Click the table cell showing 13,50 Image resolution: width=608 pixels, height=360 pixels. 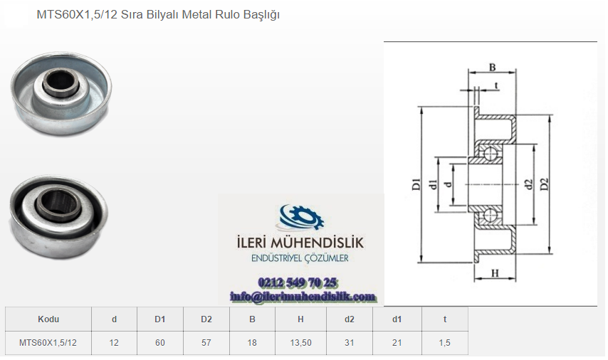(x=300, y=343)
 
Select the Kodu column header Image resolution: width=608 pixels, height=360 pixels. (x=48, y=319)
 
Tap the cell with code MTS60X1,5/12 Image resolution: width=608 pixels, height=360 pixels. (x=48, y=343)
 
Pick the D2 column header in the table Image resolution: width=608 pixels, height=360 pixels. (x=206, y=319)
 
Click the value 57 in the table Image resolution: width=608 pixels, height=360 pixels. (x=206, y=343)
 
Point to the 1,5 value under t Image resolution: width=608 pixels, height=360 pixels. (x=445, y=343)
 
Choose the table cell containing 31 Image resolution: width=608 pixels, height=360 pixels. (x=350, y=343)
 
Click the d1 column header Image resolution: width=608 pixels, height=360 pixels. (x=397, y=319)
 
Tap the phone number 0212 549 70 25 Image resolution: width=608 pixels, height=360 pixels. (x=298, y=282)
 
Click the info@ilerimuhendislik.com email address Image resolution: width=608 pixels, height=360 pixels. (x=303, y=297)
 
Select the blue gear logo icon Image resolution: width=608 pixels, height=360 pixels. (x=302, y=218)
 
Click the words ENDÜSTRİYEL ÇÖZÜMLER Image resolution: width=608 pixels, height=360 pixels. (x=300, y=258)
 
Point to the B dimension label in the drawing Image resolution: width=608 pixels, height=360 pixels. (x=492, y=68)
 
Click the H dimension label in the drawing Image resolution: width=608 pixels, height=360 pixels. (x=495, y=274)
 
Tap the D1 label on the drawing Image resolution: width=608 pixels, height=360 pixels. (x=416, y=184)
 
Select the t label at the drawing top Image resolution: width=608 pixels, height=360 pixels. (x=496, y=85)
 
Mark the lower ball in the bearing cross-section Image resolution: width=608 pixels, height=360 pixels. (x=491, y=215)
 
